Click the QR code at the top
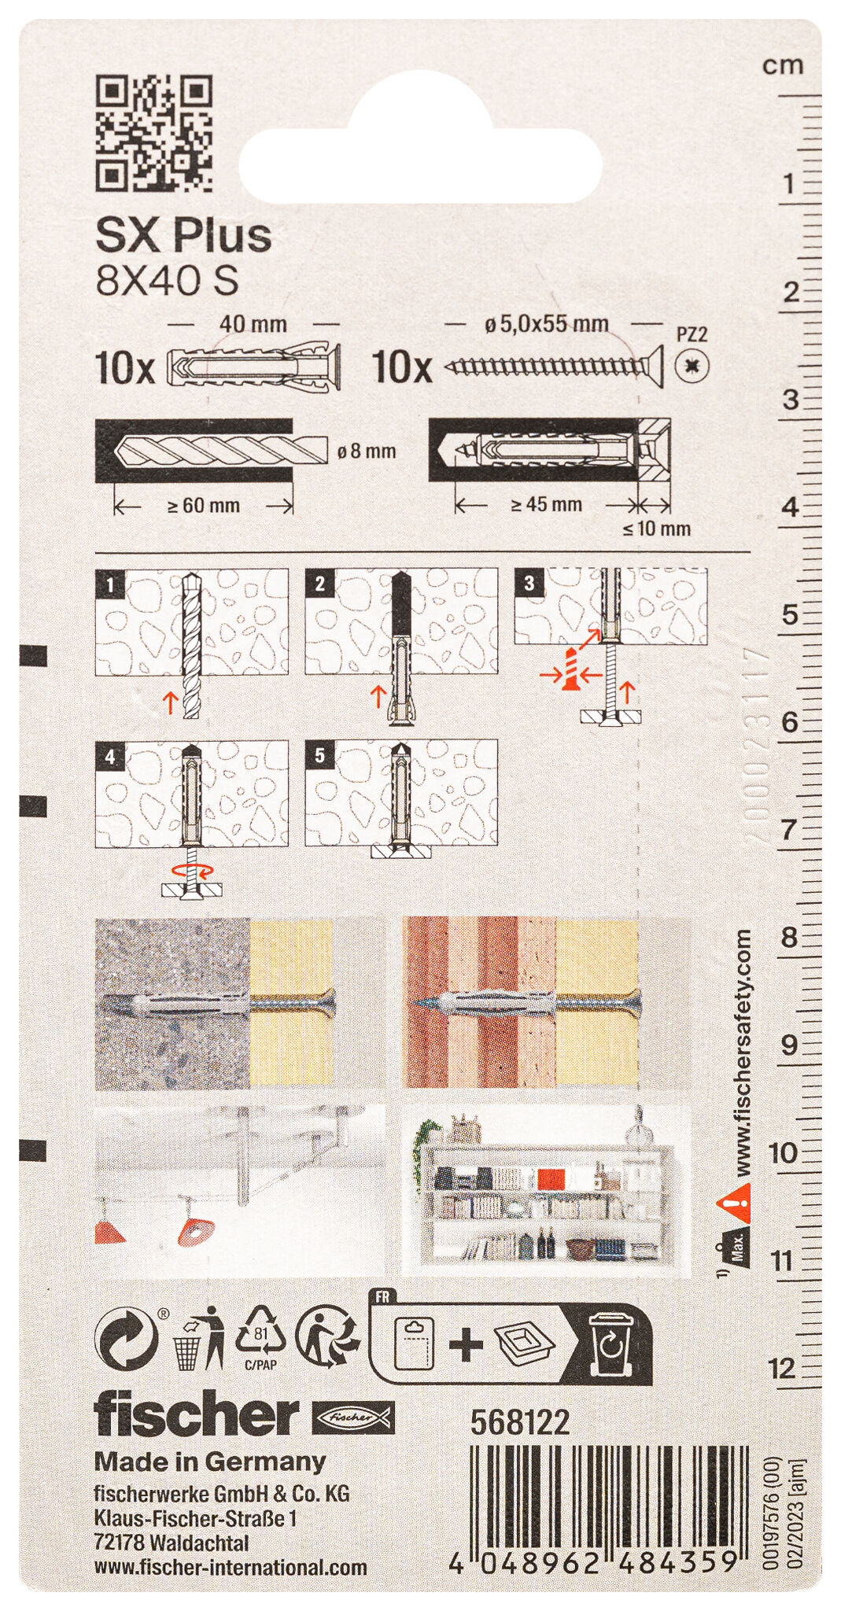click(153, 133)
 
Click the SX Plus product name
click(183, 235)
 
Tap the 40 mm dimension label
click(253, 324)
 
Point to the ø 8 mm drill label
click(366, 452)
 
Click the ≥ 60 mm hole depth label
click(204, 506)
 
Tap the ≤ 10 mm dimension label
click(657, 529)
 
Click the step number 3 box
click(529, 583)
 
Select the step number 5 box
click(319, 756)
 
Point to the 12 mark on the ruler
click(783, 1369)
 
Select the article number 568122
click(520, 1421)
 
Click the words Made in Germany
click(209, 1462)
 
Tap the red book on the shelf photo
click(549, 1178)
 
